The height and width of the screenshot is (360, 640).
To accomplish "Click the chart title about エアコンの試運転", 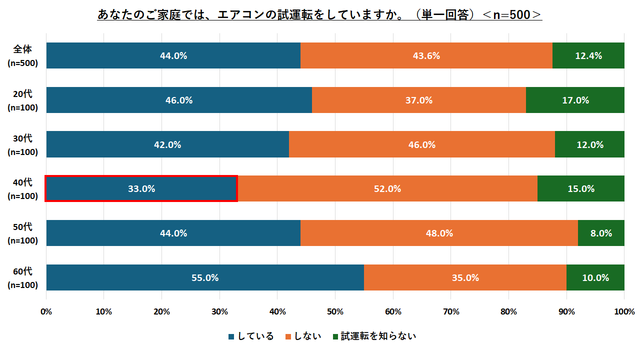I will [320, 14].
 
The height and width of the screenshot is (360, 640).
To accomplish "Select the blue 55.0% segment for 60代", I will [205, 277].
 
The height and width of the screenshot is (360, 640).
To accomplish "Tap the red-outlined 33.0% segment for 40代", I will [141, 188].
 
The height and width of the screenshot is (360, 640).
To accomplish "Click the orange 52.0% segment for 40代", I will [387, 188].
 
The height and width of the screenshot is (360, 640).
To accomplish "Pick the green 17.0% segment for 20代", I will [575, 100].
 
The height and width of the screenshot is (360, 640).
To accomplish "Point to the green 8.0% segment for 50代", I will [601, 233].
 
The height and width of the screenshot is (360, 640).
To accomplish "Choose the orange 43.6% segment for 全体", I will [426, 55].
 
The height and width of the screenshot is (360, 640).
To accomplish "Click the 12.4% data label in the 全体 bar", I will [588, 55].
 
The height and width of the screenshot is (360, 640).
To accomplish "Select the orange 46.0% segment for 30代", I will [422, 144].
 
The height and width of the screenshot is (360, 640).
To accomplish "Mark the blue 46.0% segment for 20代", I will [179, 100].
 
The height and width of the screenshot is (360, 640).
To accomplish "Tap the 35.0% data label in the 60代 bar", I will [465, 277].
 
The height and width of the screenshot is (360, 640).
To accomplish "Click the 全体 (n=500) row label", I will [23, 56].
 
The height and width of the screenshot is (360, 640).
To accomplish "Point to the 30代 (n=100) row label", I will [23, 145].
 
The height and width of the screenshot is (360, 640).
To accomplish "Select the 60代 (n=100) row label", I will [23, 278].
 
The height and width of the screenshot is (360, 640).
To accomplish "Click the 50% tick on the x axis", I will [335, 311].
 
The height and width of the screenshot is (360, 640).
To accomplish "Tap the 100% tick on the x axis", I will [624, 311].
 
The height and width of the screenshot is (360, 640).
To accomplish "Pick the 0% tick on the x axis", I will [46, 311].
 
